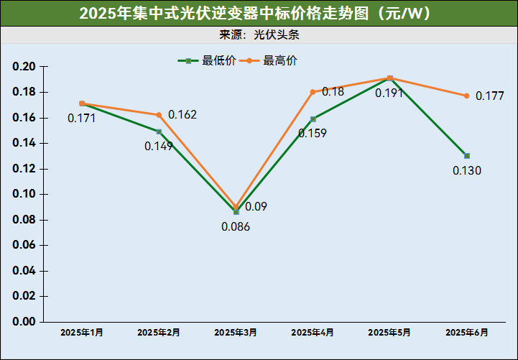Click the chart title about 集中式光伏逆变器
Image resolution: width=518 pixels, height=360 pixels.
259,13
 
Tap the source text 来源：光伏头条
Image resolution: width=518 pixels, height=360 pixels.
259,34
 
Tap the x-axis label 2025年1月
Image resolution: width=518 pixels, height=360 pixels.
82,333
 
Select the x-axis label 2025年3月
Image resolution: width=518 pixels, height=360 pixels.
236,333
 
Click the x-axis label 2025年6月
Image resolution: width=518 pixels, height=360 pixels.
467,333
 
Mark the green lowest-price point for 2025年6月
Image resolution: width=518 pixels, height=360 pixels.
467,156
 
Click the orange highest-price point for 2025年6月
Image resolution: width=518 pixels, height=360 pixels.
467,96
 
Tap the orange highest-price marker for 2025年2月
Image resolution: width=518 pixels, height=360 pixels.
159,115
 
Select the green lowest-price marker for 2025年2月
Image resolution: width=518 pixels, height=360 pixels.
159,131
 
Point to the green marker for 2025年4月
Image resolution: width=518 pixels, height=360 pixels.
313,119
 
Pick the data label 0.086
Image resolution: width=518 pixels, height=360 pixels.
235,227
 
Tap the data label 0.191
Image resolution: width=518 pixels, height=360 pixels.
389,93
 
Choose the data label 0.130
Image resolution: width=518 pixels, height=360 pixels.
467,171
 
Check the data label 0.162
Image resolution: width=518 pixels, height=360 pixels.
182,115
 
